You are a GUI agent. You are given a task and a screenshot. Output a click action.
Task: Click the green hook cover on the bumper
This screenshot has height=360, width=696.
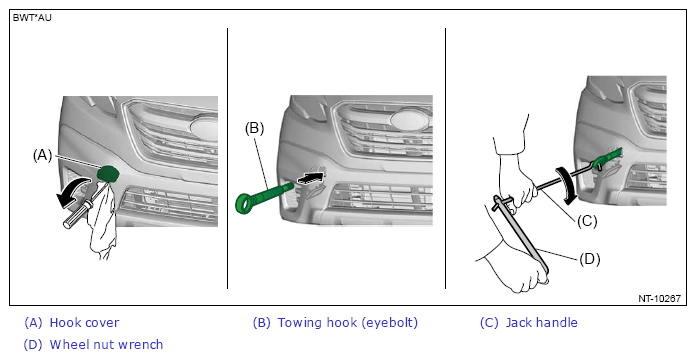[x=109, y=174]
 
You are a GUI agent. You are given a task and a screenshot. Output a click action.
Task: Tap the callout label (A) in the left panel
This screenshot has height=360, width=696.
[x=43, y=155]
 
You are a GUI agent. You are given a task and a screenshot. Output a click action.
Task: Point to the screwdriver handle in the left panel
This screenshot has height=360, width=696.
[x=76, y=215]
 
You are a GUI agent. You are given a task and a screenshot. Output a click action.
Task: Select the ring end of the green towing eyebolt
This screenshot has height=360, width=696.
[x=245, y=203]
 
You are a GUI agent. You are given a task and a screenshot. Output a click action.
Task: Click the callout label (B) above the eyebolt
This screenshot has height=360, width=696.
[x=254, y=128]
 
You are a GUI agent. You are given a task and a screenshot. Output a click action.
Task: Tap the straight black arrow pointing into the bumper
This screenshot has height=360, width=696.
[x=309, y=177]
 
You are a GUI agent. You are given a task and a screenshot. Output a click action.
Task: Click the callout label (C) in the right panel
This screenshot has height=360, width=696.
[x=587, y=221]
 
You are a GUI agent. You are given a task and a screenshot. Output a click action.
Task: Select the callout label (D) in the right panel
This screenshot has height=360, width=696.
[x=589, y=259]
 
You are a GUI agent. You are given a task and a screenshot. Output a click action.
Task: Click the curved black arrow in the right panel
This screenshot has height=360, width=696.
[x=567, y=186]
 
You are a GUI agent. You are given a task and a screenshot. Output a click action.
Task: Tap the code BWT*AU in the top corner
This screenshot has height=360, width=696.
[x=32, y=18]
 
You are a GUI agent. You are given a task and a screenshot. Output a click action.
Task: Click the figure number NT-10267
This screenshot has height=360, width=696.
[x=659, y=298]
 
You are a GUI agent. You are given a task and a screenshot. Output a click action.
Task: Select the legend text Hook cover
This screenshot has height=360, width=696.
[x=84, y=323]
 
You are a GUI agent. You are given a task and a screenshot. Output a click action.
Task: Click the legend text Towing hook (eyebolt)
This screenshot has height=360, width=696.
[x=348, y=323]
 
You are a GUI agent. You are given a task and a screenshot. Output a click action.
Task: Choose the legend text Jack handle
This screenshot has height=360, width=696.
[x=542, y=323]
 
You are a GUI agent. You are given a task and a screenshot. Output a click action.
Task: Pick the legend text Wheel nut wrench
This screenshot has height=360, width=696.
[x=107, y=344]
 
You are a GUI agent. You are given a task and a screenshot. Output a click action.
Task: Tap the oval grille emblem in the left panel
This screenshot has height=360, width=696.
[x=205, y=127]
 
